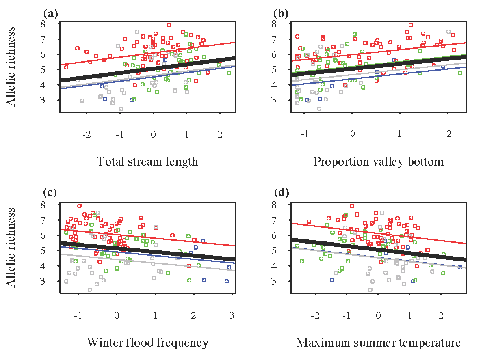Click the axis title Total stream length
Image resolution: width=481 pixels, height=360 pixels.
tap(148, 162)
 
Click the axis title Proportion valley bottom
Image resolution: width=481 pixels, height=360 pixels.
tap(378, 162)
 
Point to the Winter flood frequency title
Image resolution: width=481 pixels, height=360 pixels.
tap(148, 342)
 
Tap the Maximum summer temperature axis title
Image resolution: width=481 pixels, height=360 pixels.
tap(378, 342)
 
